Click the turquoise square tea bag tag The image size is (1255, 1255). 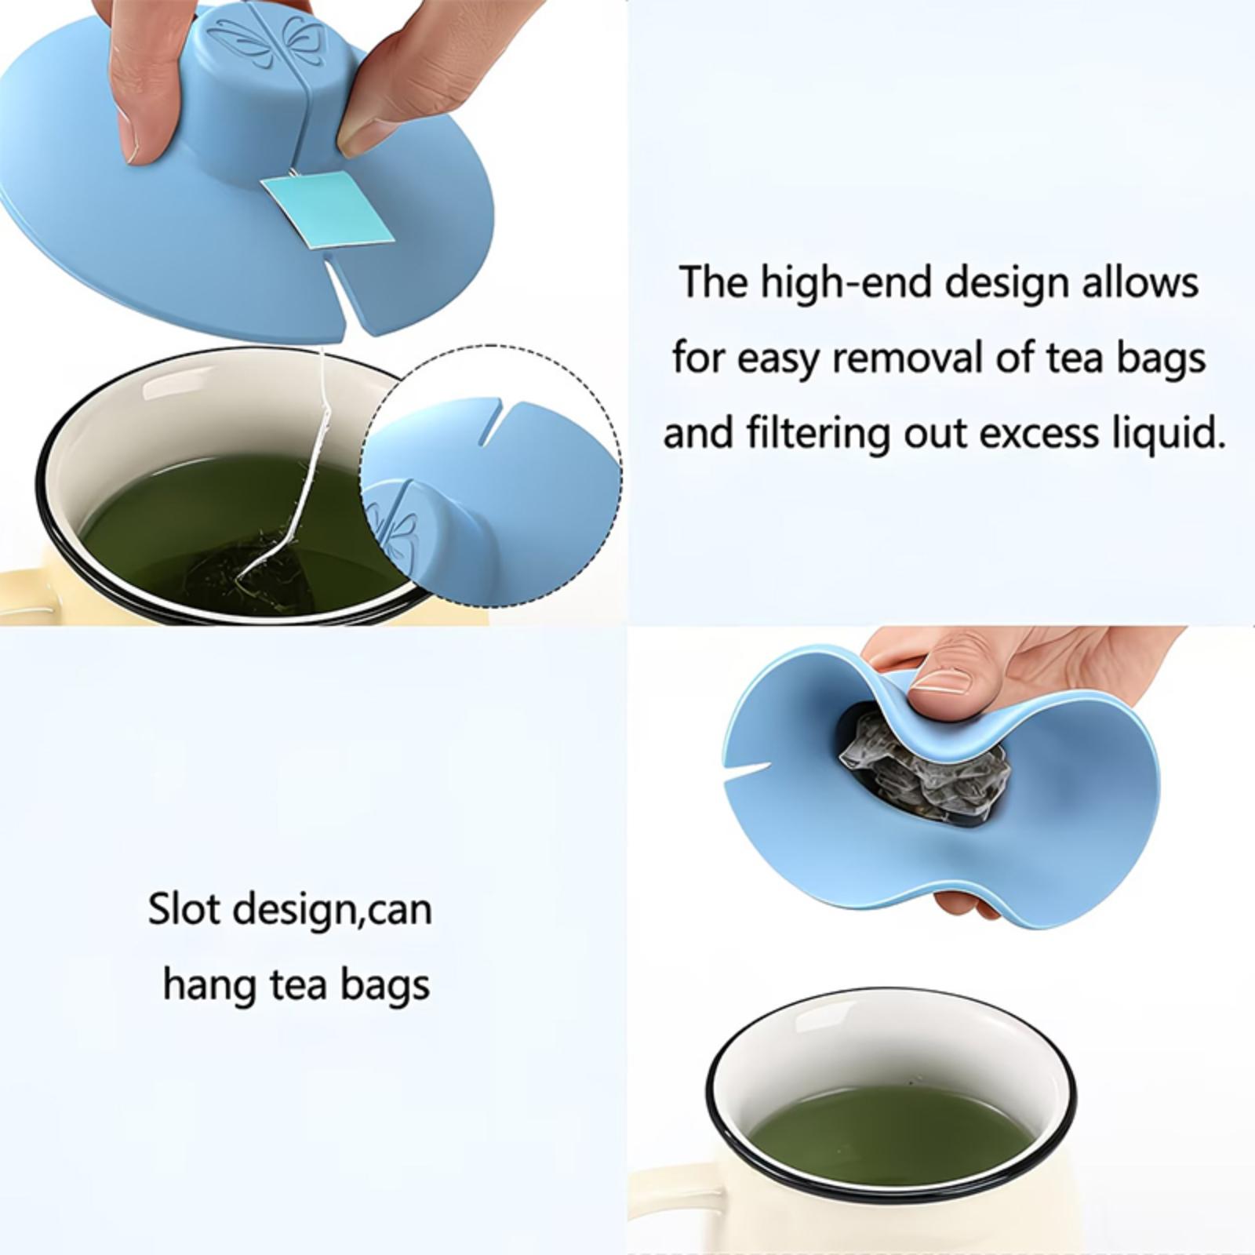point(328,209)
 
